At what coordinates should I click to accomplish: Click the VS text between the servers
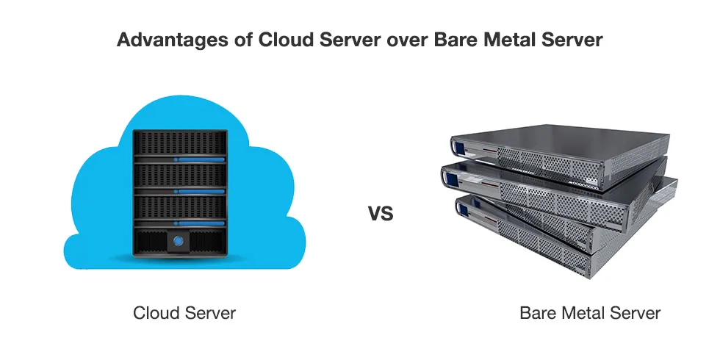(381, 215)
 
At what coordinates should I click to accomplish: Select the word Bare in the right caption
(538, 313)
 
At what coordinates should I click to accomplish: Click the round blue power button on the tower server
(179, 240)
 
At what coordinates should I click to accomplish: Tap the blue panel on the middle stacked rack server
(455, 176)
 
